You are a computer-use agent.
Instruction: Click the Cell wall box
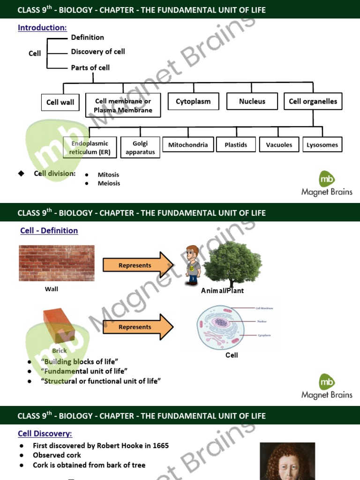pyautogui.click(x=60, y=102)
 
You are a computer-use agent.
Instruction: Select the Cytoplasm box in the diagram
pyautogui.click(x=193, y=101)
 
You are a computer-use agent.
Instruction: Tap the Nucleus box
pyautogui.click(x=252, y=101)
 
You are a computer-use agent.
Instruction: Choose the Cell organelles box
pyautogui.click(x=313, y=101)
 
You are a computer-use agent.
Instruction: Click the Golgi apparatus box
pyautogui.click(x=140, y=148)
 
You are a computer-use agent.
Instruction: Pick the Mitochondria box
pyautogui.click(x=188, y=145)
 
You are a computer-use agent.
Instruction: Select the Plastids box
pyautogui.click(x=236, y=145)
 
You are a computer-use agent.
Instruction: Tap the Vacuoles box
pyautogui.click(x=279, y=145)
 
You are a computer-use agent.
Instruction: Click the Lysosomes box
pyautogui.click(x=322, y=145)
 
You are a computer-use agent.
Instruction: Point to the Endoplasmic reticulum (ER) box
pyautogui.click(x=90, y=148)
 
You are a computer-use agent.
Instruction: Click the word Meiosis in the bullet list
pyautogui.click(x=109, y=183)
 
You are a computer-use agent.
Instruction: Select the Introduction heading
pyautogui.click(x=42, y=28)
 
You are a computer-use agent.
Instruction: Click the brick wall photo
pyautogui.click(x=56, y=263)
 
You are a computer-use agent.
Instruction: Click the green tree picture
pyautogui.click(x=232, y=264)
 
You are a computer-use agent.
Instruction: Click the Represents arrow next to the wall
pyautogui.click(x=137, y=265)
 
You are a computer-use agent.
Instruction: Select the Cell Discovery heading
pyautogui.click(x=45, y=434)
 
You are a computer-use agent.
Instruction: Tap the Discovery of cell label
pyautogui.click(x=98, y=52)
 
